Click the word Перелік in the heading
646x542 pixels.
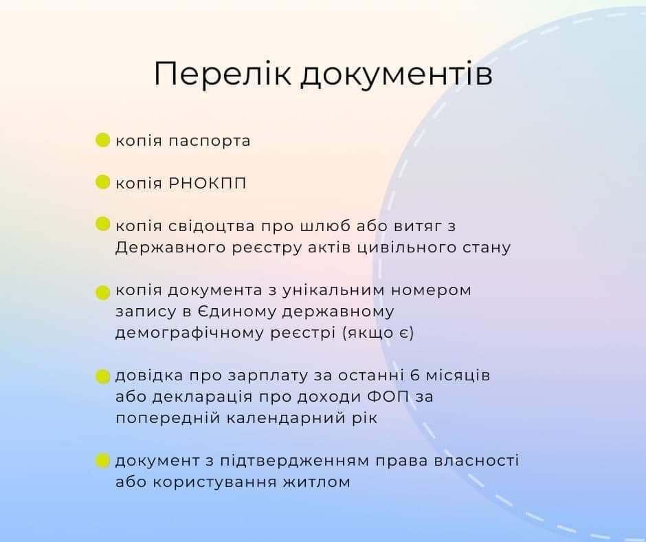pos(223,74)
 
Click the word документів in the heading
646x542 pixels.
pos(397,74)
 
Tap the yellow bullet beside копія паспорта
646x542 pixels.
pos(102,140)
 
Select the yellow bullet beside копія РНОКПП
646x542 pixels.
pos(102,182)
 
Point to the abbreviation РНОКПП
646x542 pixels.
pos(208,183)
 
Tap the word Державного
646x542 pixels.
pos(170,248)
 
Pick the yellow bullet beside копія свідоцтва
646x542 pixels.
pos(102,224)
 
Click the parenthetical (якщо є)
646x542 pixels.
pos(378,334)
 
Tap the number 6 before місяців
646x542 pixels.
pos(415,376)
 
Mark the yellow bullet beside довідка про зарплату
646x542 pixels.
pos(102,377)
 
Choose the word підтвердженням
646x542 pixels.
pos(295,461)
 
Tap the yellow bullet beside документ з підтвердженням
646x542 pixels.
pos(102,461)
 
